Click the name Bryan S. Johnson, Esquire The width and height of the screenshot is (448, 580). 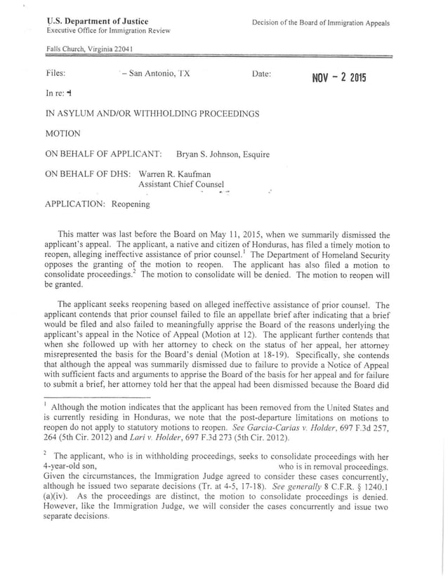tap(223, 154)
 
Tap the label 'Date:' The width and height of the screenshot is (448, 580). tap(261, 73)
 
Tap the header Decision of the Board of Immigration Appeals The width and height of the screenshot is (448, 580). tap(320, 23)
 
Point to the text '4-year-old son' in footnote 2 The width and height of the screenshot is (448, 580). tap(70, 466)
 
